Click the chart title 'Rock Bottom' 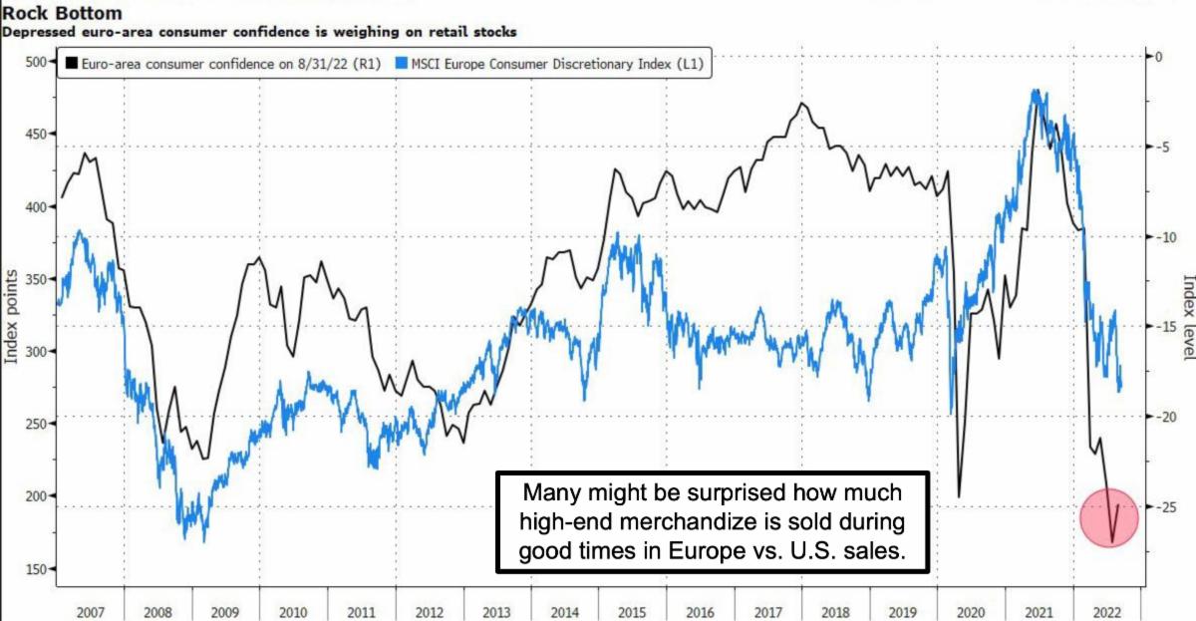coord(61,14)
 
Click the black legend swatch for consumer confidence coord(71,65)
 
